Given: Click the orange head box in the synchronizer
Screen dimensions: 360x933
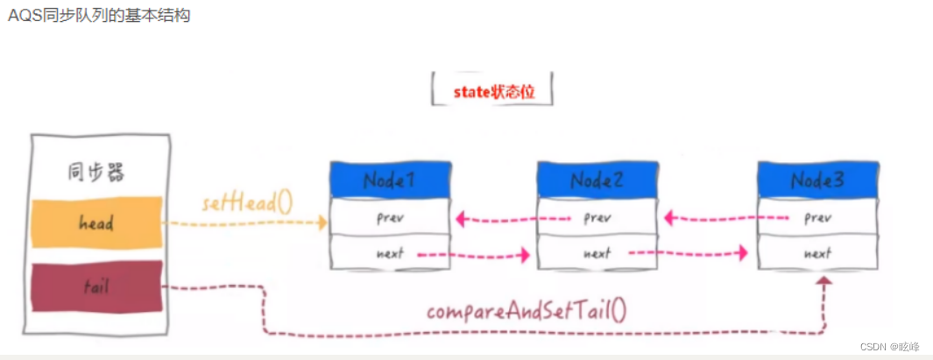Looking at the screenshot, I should pos(96,222).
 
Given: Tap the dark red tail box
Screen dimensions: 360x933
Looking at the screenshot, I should pos(96,286).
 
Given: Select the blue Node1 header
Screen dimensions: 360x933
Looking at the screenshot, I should pos(390,180).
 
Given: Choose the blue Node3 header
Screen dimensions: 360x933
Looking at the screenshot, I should pos(817,180).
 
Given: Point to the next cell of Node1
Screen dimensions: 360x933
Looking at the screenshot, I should pos(390,254).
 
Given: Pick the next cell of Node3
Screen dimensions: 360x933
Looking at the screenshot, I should pos(817,254).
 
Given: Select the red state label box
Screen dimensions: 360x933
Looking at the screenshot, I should pos(492,91).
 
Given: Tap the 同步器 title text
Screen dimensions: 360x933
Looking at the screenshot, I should pos(95,172).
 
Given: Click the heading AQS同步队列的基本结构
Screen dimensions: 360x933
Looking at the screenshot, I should pos(98,17).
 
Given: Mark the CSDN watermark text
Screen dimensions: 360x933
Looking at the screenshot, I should pos(888,347).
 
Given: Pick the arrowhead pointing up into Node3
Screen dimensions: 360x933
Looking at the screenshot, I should pos(823,283).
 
